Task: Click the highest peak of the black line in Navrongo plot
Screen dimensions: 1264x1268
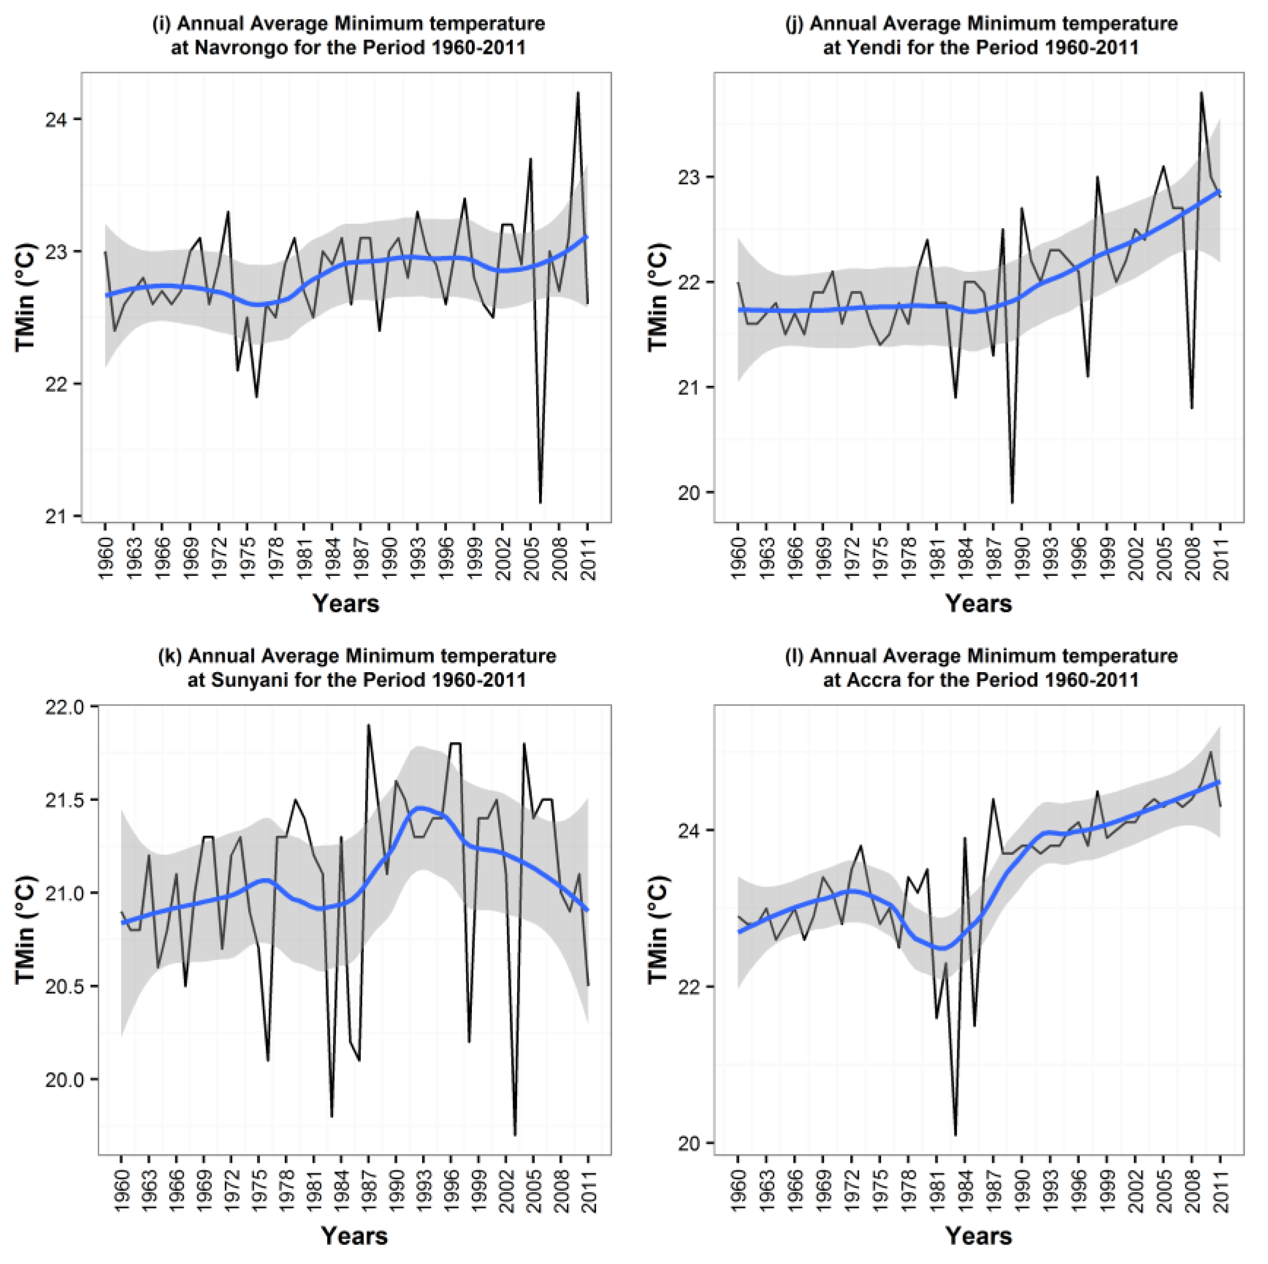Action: click(578, 92)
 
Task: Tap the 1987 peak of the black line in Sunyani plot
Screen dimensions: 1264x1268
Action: click(368, 725)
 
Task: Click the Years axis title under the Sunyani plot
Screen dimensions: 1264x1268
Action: click(354, 1236)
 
